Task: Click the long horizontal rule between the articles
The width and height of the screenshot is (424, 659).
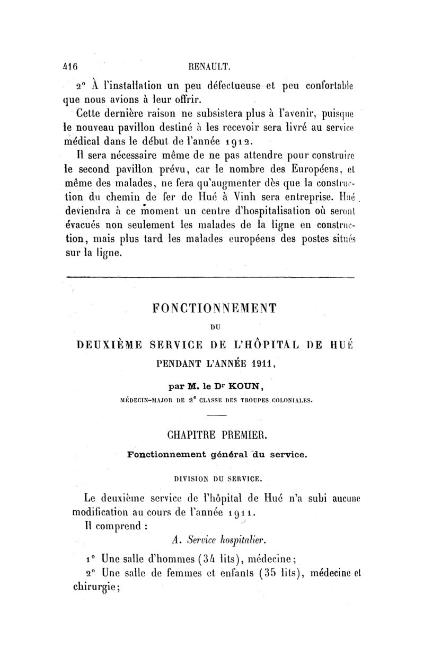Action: point(209,277)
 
